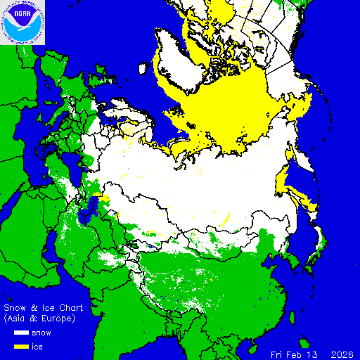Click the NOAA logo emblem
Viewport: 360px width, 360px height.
[22, 22]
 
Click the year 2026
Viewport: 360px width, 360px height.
[343, 354]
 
